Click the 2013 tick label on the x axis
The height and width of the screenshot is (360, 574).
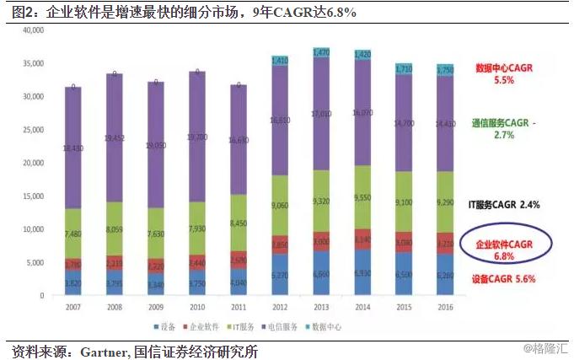pyautogui.click(x=321, y=308)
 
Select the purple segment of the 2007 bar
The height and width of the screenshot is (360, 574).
pyautogui.click(x=74, y=148)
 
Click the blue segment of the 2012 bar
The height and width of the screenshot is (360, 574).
pyautogui.click(x=281, y=274)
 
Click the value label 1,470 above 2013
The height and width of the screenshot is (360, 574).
pyautogui.click(x=321, y=52)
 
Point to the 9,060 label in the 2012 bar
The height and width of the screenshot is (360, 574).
pyautogui.click(x=281, y=205)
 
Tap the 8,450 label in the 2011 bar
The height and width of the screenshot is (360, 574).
pyautogui.click(x=239, y=224)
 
